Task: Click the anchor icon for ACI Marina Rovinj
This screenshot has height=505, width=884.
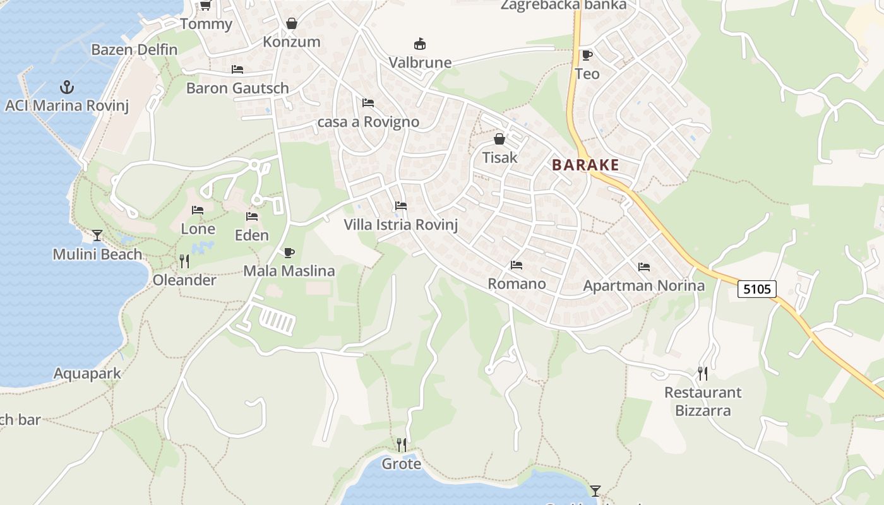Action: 66,86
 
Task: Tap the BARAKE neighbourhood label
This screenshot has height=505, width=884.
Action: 585,165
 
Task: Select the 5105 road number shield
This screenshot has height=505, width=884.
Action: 757,289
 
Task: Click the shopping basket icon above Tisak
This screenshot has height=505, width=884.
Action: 499,139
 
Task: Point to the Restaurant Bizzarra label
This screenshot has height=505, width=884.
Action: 703,401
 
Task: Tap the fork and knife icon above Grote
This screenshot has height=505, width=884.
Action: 402,445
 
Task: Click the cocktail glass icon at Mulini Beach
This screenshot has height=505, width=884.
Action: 97,235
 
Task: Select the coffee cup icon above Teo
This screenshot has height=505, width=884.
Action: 587,56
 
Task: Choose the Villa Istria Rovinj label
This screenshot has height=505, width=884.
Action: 400,225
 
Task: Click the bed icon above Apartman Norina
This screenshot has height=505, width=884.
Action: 644,267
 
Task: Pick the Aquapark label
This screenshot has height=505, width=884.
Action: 87,374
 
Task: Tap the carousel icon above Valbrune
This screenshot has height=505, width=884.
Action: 419,44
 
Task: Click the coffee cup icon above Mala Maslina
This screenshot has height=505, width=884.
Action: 289,253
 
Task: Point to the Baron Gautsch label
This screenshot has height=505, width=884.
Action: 237,88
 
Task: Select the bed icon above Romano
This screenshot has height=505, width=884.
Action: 517,265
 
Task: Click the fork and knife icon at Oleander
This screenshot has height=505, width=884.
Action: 184,261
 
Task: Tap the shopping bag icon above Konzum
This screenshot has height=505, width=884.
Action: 292,24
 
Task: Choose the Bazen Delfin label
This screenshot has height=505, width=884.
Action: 134,49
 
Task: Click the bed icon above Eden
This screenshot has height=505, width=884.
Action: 252,217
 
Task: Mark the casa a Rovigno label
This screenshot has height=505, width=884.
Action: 368,122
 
